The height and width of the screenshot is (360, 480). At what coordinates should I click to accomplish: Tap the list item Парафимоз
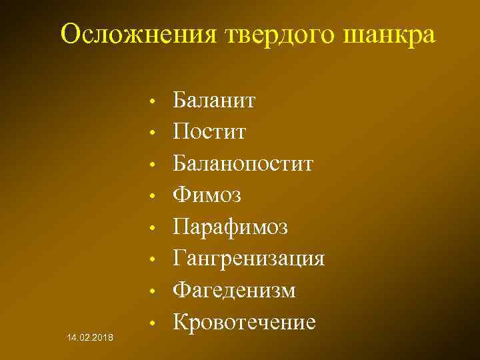[231, 227]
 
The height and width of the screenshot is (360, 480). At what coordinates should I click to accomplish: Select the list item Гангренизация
[249, 258]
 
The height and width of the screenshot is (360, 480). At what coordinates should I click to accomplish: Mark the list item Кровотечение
[244, 322]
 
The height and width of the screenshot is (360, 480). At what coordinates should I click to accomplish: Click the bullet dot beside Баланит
[153, 103]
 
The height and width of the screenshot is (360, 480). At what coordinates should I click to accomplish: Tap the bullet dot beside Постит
[153, 135]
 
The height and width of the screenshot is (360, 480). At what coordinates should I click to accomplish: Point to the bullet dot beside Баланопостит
[153, 166]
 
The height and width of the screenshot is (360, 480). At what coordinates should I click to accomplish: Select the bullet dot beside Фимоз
[153, 197]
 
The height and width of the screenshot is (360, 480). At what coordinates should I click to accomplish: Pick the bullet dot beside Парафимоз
[153, 229]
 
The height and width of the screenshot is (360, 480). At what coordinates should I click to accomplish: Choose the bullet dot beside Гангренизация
[153, 260]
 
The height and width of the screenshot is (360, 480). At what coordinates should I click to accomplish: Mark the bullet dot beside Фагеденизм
[153, 291]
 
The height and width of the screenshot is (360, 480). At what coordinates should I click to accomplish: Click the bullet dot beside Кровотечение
[153, 323]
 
